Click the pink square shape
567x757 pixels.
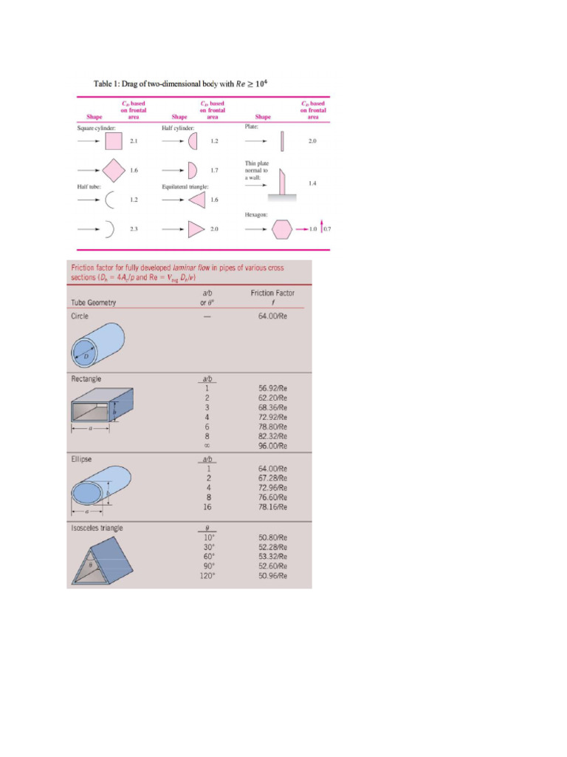click(114, 140)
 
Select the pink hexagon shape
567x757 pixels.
click(281, 229)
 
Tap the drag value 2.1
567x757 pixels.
click(134, 140)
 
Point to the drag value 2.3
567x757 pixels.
click(134, 229)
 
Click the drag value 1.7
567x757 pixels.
click(214, 170)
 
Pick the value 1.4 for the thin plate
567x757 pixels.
click(312, 183)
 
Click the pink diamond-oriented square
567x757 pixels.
click(113, 170)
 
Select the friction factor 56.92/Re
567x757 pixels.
click(272, 387)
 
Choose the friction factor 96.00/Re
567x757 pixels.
click(272, 446)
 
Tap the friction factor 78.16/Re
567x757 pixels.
click(272, 507)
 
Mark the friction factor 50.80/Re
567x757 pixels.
click(272, 537)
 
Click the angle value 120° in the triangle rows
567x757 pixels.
click(207, 576)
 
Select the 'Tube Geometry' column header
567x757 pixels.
click(93, 302)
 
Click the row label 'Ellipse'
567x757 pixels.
click(81, 459)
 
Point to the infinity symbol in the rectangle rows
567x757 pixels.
click(207, 446)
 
